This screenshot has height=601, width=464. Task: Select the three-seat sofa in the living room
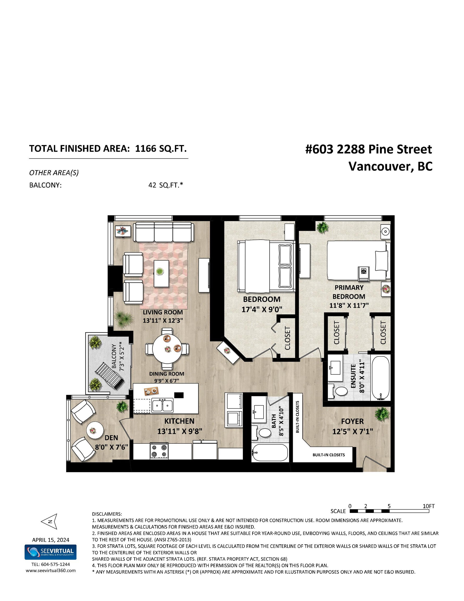tap(163, 232)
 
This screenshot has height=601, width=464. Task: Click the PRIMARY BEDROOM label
tap(349, 292)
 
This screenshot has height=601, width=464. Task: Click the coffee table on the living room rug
tap(161, 273)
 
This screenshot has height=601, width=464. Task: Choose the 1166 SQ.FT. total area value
tap(161, 149)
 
